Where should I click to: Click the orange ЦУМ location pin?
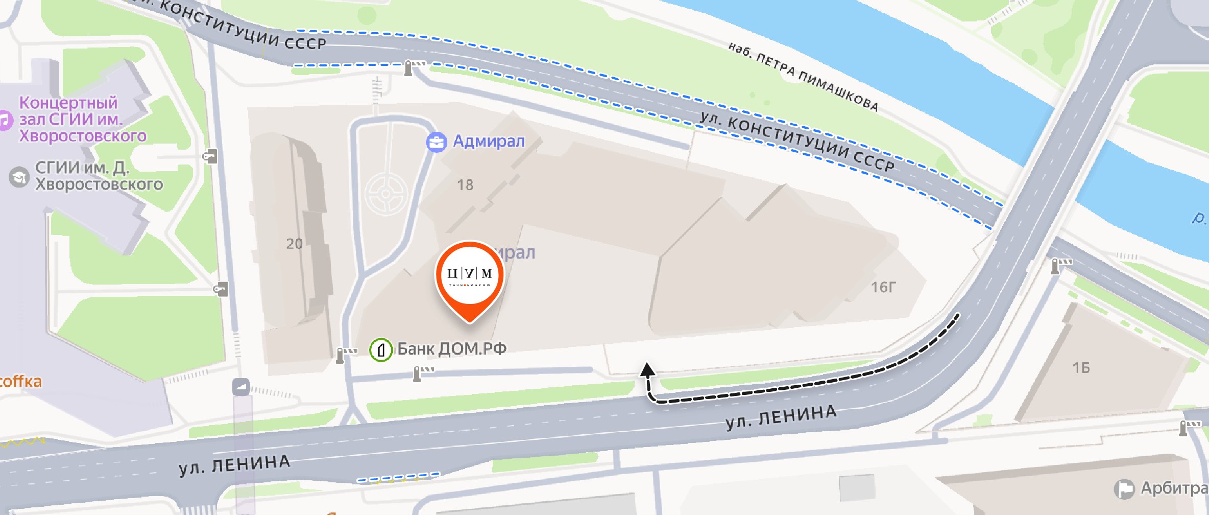[x=469, y=276]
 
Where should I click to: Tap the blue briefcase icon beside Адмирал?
[x=437, y=142]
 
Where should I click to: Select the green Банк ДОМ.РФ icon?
[x=380, y=350]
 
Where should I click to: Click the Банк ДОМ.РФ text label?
[x=452, y=349]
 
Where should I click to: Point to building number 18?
[x=465, y=185]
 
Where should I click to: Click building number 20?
[x=294, y=244]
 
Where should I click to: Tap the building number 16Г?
[x=883, y=287]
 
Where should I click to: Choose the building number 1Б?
[x=1081, y=368]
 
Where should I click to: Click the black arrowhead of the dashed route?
[x=647, y=369]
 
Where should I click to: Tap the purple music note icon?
[x=4, y=121]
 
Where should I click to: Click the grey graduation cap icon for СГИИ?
[x=19, y=177]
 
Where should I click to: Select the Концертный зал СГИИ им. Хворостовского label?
[x=82, y=119]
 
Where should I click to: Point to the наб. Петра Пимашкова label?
[x=803, y=77]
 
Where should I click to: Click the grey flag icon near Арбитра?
[x=1124, y=489]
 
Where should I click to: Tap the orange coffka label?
[x=20, y=382]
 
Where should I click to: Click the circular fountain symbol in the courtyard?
[x=386, y=194]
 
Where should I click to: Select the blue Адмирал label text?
[x=489, y=141]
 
